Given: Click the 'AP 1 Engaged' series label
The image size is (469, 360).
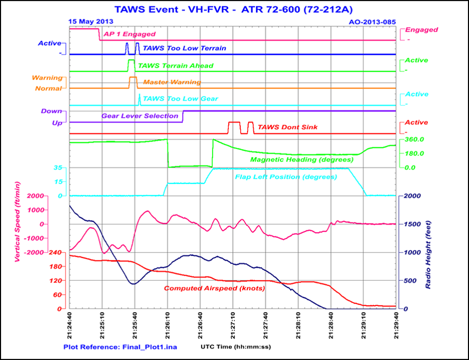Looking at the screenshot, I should coord(129,34).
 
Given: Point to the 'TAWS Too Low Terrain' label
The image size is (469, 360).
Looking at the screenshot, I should coord(184,48).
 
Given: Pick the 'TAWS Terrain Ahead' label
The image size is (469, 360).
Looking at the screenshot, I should coord(176,66).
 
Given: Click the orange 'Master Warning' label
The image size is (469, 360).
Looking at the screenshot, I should coord(172,82).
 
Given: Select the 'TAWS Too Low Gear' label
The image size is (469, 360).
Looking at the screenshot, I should coord(180,98).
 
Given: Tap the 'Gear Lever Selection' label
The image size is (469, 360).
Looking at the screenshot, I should coord(140,116).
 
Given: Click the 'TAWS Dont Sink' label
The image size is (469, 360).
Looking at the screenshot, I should coord(288,127).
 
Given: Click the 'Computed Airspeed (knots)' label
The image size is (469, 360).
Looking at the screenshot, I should coord(215,288).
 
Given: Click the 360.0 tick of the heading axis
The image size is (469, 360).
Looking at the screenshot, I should coord(411,140).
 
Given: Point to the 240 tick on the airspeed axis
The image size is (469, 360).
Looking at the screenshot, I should coord(55,252).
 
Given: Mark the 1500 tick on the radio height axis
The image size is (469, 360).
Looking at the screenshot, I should coord(409,224).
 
